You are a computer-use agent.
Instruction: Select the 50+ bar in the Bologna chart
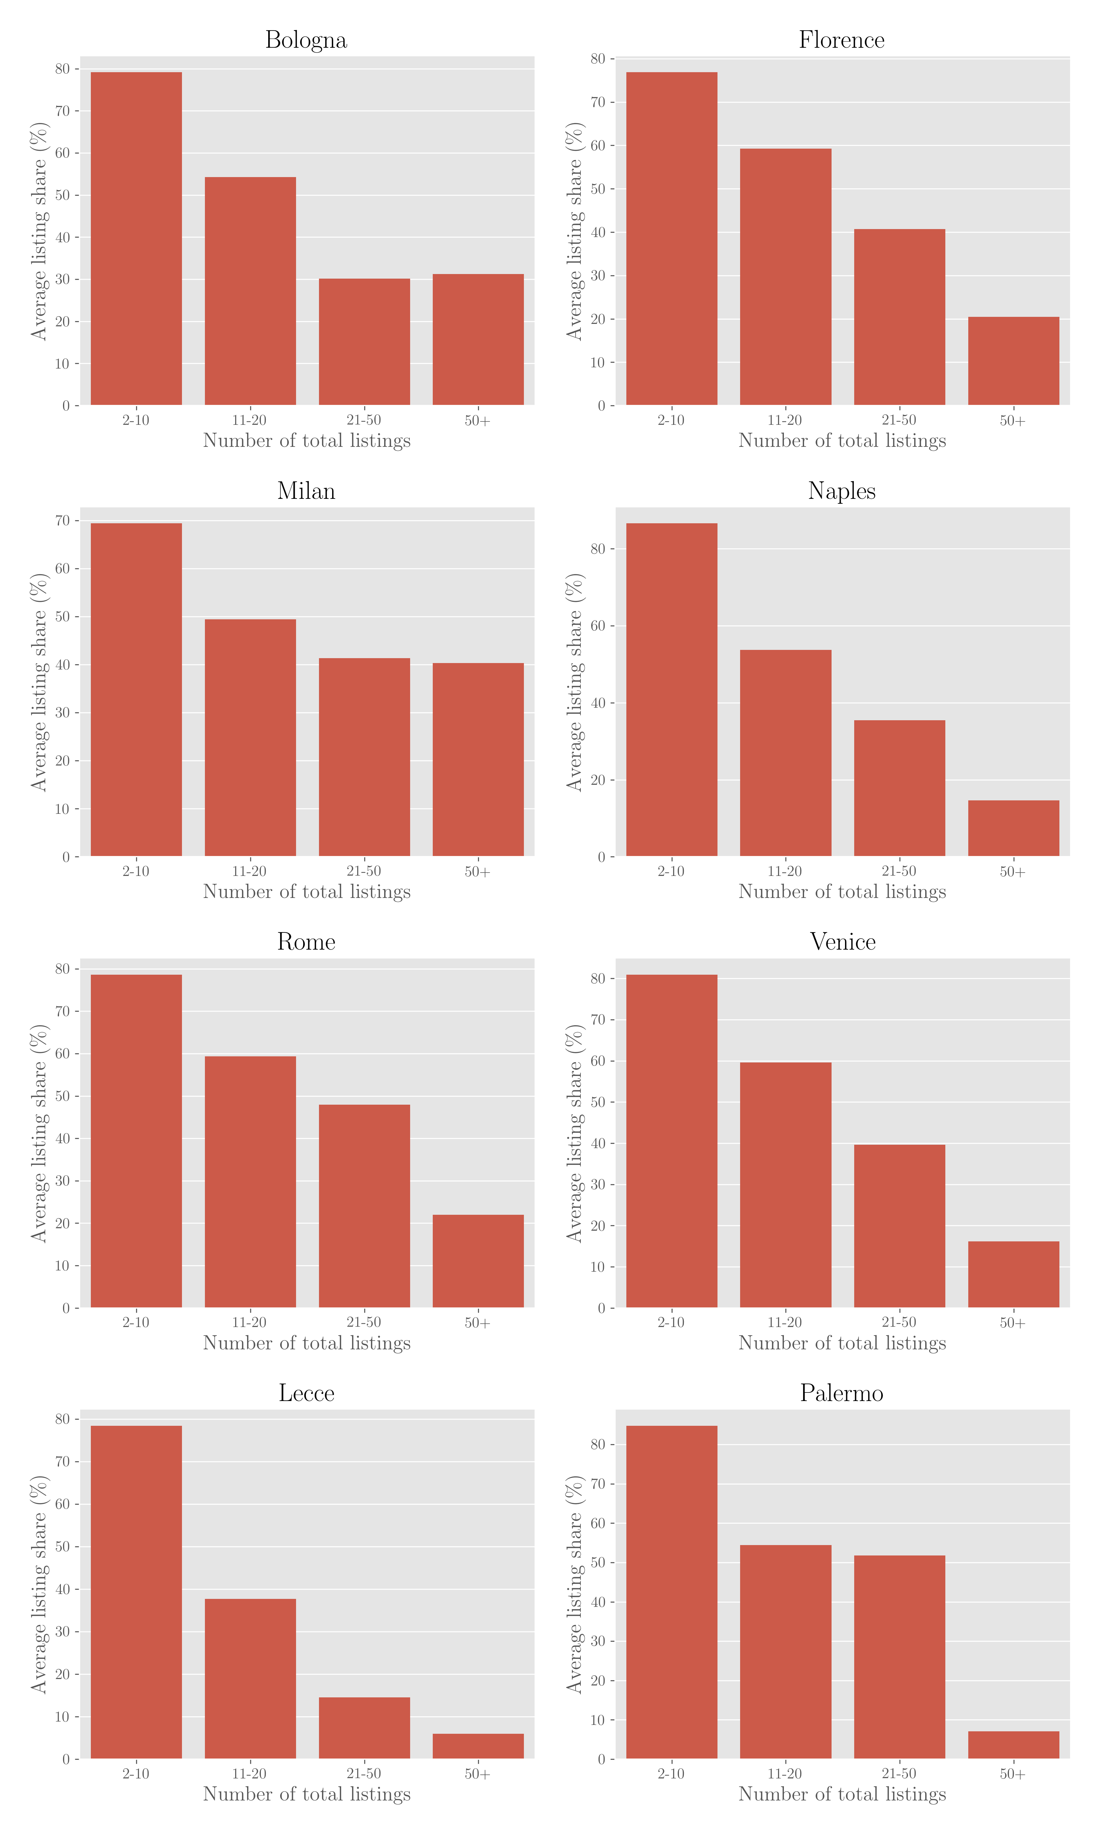[478, 340]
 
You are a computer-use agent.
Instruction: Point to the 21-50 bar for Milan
[364, 757]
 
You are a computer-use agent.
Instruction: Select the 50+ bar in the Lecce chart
[478, 1746]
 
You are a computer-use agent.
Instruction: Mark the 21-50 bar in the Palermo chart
[899, 1657]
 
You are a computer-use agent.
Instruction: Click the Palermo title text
[841, 1394]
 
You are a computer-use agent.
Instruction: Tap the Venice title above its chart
[842, 942]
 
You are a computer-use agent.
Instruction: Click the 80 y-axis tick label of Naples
[598, 549]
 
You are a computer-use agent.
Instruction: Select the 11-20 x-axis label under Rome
[249, 1322]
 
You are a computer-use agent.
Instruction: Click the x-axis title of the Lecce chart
[306, 1794]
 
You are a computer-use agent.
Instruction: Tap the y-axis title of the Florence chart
[575, 232]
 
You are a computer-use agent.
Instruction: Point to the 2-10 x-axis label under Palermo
[671, 1774]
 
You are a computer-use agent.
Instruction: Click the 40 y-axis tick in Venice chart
[598, 1144]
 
